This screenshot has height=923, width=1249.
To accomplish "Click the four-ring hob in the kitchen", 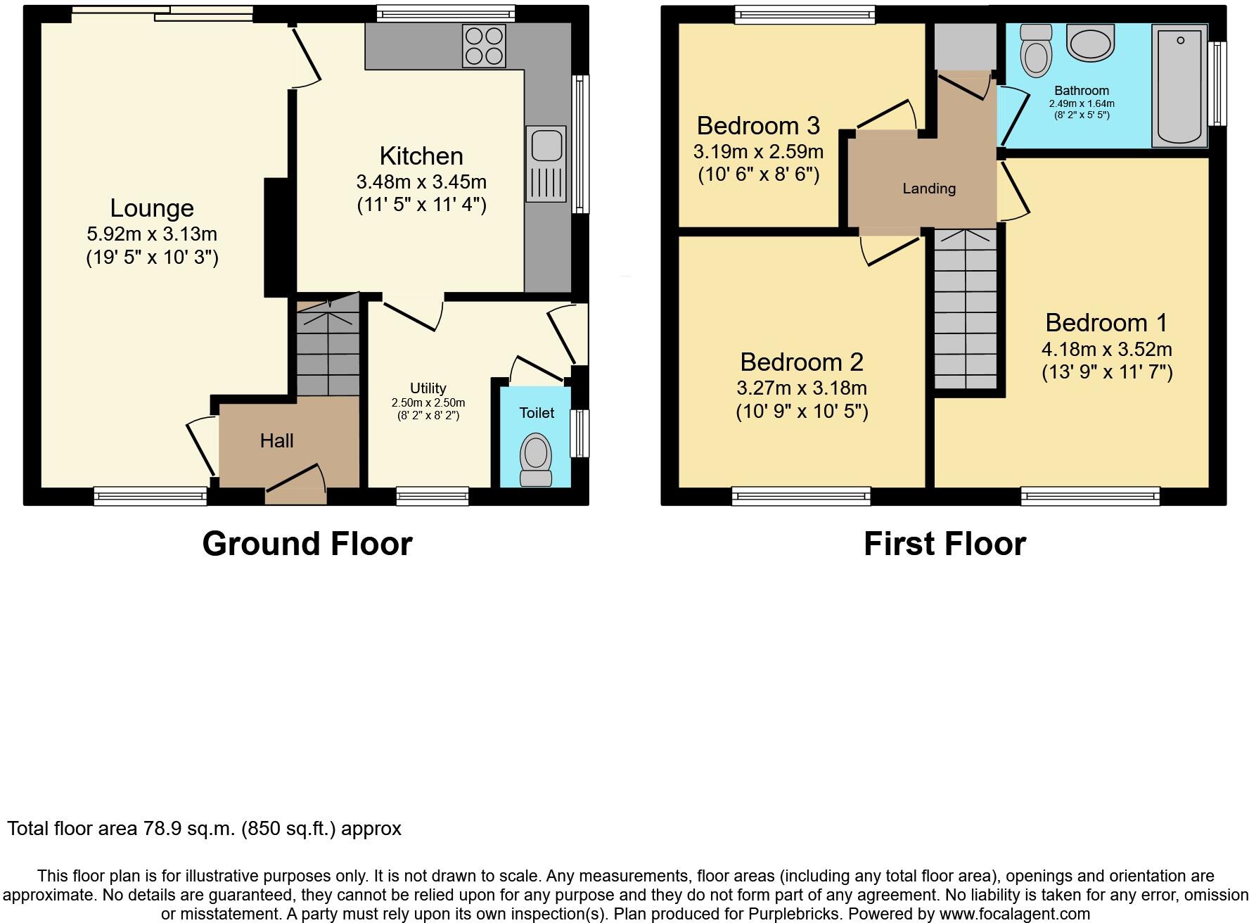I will pyautogui.click(x=484, y=46).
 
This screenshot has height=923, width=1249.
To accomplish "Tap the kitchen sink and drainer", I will pyautogui.click(x=545, y=164).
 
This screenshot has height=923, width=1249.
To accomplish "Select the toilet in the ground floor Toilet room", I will pyautogui.click(x=536, y=460).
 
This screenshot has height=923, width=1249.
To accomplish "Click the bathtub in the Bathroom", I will pyautogui.click(x=1179, y=86).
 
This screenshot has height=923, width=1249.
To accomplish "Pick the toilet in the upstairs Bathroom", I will pyautogui.click(x=1035, y=49).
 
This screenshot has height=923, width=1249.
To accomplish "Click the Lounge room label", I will pyautogui.click(x=152, y=208).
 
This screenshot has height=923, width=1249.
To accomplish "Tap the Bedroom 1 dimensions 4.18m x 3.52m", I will pyautogui.click(x=1106, y=349).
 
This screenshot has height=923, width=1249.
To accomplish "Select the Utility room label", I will pyautogui.click(x=428, y=388).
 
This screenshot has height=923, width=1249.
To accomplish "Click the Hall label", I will pyautogui.click(x=276, y=441).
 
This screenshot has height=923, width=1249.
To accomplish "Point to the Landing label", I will pyautogui.click(x=929, y=189).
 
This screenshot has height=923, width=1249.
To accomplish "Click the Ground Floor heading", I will pyautogui.click(x=307, y=544).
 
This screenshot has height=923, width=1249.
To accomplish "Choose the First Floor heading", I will pyautogui.click(x=944, y=544).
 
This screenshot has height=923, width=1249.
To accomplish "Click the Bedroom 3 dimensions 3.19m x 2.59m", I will pyautogui.click(x=758, y=151).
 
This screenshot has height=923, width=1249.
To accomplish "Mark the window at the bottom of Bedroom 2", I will pyautogui.click(x=801, y=497).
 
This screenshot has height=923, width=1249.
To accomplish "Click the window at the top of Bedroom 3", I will pyautogui.click(x=805, y=15).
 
